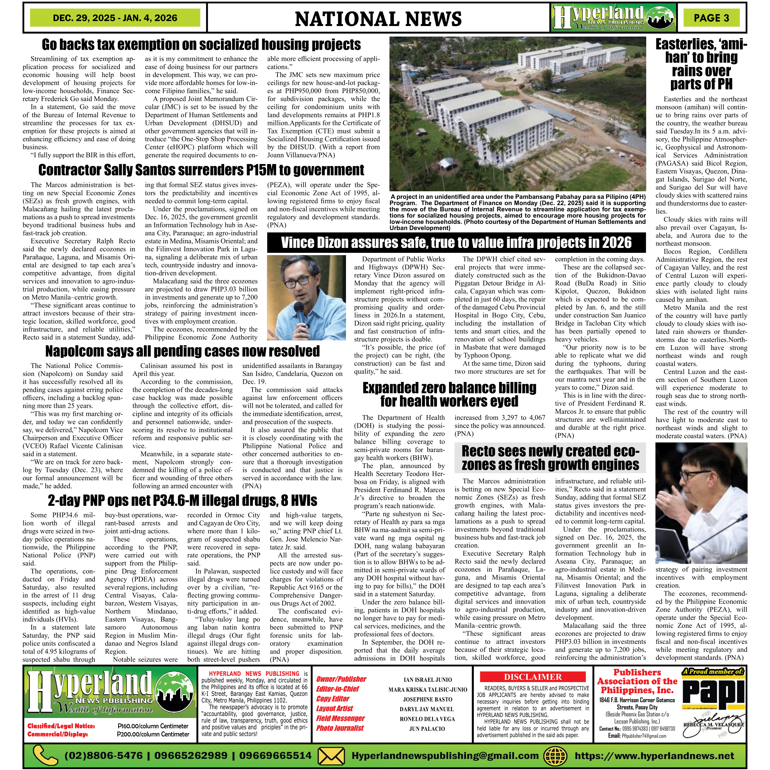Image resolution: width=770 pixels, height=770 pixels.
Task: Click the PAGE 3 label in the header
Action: [x=711, y=18]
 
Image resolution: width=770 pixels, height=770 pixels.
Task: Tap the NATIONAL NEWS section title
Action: [x=378, y=19]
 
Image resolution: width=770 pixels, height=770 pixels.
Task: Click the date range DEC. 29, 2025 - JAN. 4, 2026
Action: [x=115, y=18]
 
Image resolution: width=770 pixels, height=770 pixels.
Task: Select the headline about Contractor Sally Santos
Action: [x=201, y=170]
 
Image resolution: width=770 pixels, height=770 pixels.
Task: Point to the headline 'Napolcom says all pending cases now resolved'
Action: [x=182, y=351]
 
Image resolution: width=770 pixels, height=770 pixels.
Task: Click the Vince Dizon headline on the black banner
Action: [x=456, y=243]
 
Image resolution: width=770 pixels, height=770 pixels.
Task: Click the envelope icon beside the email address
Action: [x=332, y=756]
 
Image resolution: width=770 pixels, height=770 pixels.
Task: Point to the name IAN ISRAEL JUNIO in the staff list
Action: [x=428, y=680]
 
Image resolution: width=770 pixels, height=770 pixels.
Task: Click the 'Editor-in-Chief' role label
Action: [x=337, y=689]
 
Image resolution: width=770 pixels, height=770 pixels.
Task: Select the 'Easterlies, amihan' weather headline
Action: [x=701, y=64]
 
